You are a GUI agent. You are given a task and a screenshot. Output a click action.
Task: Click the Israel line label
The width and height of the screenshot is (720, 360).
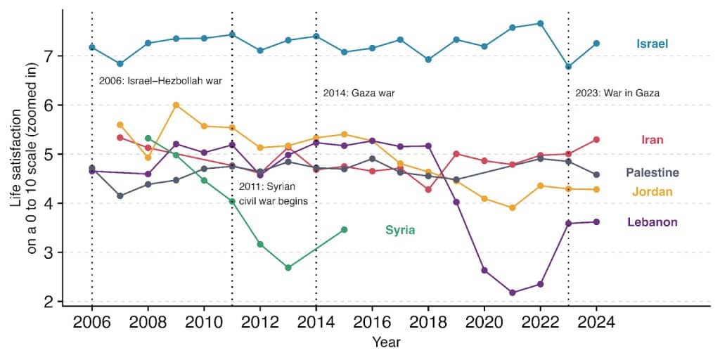[652, 44]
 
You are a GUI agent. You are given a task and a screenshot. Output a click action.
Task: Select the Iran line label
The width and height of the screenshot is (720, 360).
[652, 140]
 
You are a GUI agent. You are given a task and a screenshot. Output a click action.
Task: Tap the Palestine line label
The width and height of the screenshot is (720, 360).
[652, 173]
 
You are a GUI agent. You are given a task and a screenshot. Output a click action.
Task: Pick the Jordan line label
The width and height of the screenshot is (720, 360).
[652, 192]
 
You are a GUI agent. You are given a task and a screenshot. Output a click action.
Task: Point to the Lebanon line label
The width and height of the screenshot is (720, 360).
[652, 222]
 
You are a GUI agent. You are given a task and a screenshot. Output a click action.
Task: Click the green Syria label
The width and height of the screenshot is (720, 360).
[399, 230]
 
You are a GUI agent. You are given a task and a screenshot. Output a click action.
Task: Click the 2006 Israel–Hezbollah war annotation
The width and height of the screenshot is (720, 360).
[160, 81]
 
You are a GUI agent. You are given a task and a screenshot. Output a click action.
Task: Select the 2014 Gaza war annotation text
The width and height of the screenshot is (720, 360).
[365, 93]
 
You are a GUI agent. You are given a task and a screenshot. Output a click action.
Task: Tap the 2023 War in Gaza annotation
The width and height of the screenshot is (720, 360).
[617, 93]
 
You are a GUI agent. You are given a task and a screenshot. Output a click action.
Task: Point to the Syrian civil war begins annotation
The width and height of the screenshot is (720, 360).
[271, 193]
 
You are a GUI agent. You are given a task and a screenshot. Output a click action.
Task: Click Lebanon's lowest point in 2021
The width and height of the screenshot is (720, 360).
[512, 292]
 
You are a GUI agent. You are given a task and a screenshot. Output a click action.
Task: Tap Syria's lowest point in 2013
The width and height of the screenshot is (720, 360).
[288, 268]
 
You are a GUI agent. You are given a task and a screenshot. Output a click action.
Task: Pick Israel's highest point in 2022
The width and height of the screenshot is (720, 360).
[540, 23]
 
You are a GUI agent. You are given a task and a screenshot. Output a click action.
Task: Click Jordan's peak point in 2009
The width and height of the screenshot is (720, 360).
[176, 105]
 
